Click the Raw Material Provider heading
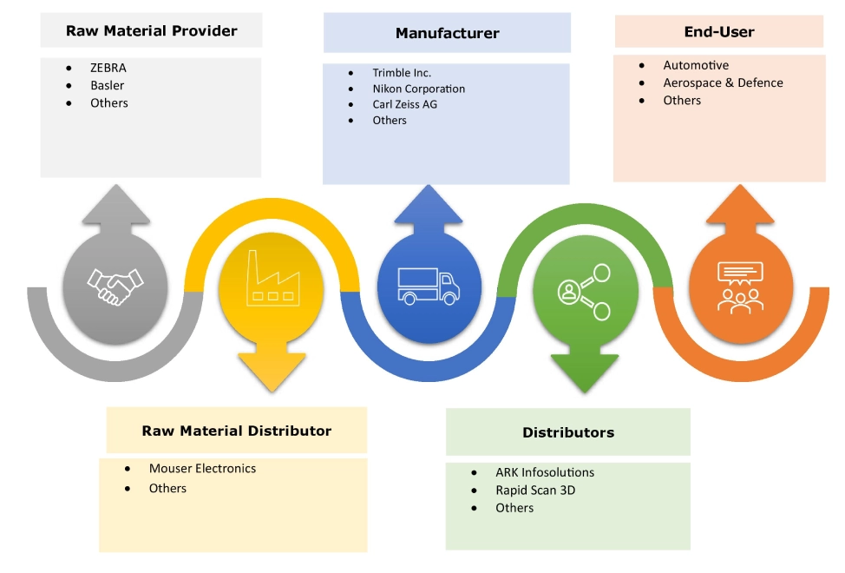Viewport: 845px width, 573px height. click(x=151, y=31)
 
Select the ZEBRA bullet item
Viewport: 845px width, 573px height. click(x=108, y=68)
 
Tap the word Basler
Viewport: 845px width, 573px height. click(x=108, y=85)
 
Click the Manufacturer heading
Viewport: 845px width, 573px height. click(x=447, y=34)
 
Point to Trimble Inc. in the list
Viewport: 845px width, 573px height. click(x=402, y=73)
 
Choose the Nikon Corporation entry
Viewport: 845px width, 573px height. click(x=419, y=89)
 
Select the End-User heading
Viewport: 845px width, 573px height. click(x=718, y=32)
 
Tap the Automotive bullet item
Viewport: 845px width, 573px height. click(x=696, y=65)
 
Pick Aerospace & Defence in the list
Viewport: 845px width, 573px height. click(x=723, y=82)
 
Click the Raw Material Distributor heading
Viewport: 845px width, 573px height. click(x=236, y=431)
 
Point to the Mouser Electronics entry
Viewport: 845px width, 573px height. click(x=202, y=468)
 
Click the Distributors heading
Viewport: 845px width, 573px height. click(x=567, y=432)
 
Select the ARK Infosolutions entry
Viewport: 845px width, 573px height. click(x=545, y=472)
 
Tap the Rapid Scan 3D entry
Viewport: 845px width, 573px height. click(x=535, y=490)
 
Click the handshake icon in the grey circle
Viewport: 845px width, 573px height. click(x=115, y=286)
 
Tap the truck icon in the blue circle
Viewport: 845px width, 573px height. click(x=428, y=285)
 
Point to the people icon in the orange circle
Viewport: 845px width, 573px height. click(x=740, y=285)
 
